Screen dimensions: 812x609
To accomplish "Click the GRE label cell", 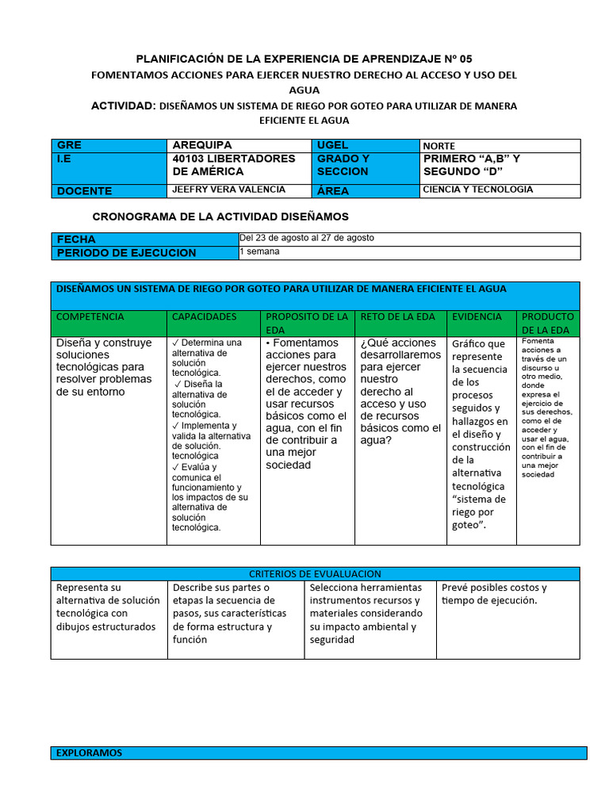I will point(109,145).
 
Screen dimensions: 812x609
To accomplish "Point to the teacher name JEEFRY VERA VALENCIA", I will point(229,190).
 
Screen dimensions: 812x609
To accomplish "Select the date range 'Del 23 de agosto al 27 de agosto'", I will point(307,238).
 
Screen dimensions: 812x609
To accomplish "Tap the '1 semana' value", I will point(259,251).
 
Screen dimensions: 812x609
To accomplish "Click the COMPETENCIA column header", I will point(90,316).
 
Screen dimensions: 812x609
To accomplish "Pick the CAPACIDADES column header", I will point(204,316).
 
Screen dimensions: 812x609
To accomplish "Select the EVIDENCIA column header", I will point(477,316).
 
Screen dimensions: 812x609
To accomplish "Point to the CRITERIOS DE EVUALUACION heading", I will point(315,573).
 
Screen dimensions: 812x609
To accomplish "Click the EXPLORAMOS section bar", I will point(319,753).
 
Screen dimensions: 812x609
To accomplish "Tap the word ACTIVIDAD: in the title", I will point(123,105).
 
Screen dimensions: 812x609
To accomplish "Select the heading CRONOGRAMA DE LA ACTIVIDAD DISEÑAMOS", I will point(220,216).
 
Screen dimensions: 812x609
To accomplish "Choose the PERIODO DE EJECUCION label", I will point(125,253).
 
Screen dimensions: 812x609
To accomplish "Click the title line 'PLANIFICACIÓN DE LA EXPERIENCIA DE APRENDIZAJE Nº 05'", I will point(304,59).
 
